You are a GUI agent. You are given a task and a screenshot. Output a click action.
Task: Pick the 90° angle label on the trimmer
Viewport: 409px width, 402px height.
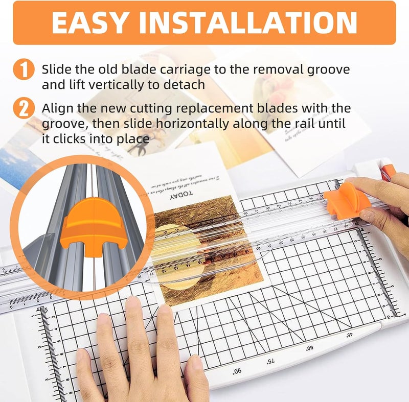237,371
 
